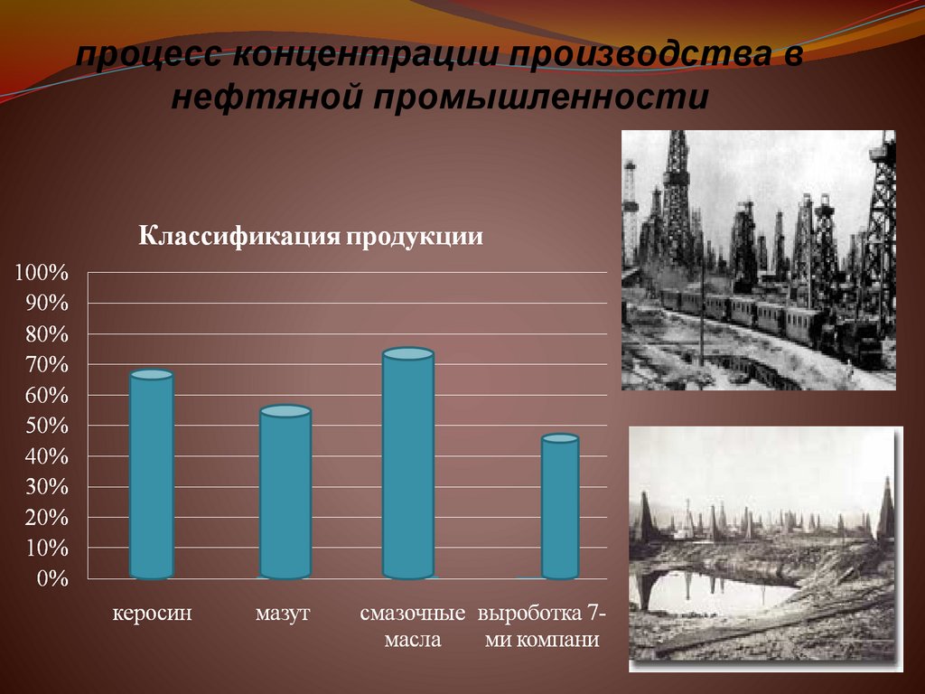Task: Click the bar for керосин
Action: [x=152, y=474]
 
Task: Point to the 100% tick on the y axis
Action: [x=41, y=272]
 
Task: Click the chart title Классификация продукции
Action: [x=311, y=237]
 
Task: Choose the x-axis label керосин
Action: [x=153, y=614]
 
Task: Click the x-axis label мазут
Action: [x=283, y=614]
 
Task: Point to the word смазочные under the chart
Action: [x=412, y=614]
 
